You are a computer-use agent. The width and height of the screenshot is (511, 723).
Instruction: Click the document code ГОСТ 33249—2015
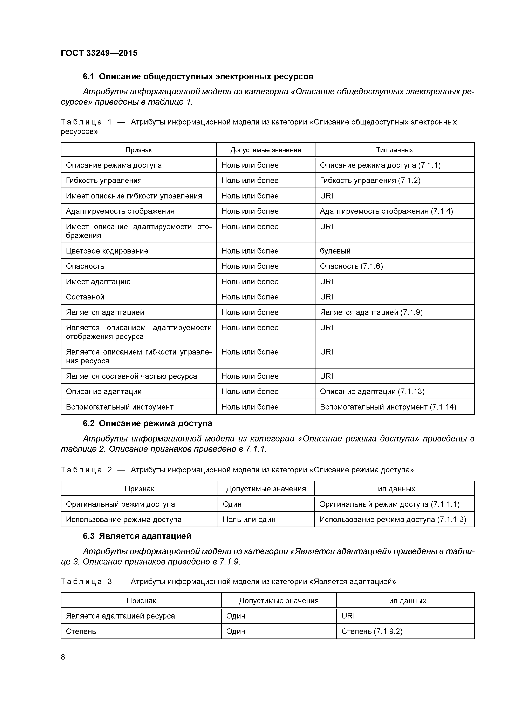[x=99, y=53]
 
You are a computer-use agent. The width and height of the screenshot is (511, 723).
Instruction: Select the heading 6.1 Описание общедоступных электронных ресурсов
[x=198, y=76]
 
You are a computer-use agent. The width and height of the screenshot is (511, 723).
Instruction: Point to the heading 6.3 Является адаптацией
[x=137, y=536]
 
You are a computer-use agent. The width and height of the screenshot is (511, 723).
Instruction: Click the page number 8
[x=63, y=657]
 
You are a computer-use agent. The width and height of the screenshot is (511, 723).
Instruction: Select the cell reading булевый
[x=335, y=251]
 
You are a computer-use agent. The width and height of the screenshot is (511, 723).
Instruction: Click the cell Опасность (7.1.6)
[x=351, y=266]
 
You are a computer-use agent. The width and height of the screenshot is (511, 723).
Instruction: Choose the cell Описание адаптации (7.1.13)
[x=372, y=392]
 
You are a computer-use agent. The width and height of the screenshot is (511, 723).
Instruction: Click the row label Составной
[x=85, y=297]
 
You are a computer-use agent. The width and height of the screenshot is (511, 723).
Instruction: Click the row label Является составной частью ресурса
[x=131, y=376]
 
